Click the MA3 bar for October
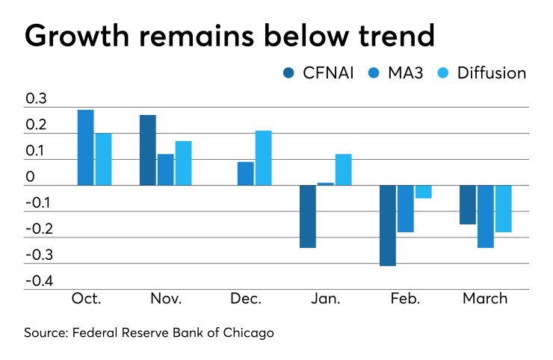click(x=85, y=148)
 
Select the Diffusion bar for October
click(x=103, y=159)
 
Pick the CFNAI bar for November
click(x=147, y=150)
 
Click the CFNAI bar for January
click(x=307, y=216)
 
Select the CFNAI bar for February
click(x=387, y=225)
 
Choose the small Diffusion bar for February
click(x=423, y=191)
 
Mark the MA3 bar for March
click(x=486, y=216)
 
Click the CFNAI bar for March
click(x=468, y=204)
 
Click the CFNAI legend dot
click(x=288, y=72)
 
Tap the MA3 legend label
click(x=408, y=72)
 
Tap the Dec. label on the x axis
click(x=246, y=299)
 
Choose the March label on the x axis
click(x=485, y=299)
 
